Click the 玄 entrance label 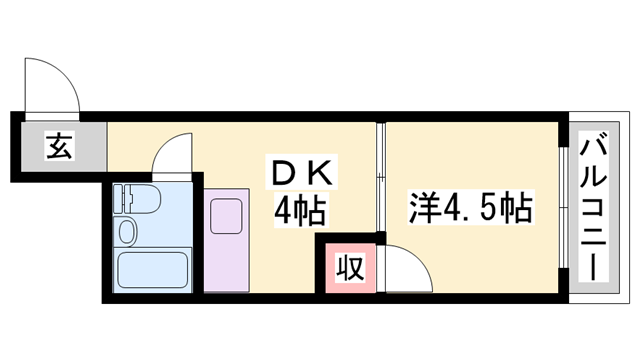58,148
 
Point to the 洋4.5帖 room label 469,209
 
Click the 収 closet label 348,268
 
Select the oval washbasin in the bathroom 128,233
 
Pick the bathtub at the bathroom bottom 152,269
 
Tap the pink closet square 348,268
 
